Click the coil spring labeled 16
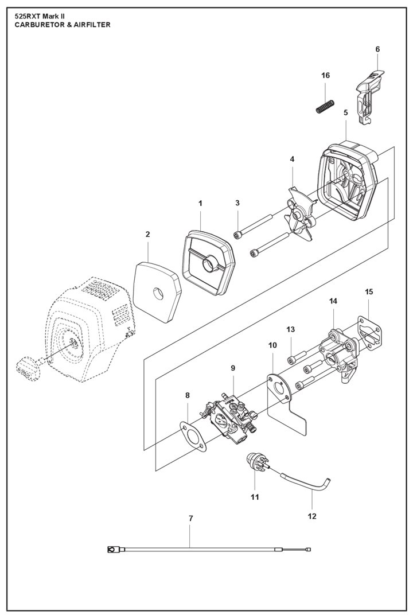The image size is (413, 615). [326, 106]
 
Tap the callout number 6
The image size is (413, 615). [377, 49]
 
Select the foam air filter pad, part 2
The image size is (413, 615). [157, 292]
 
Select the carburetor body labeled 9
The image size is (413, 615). [231, 418]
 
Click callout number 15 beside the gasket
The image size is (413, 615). [369, 292]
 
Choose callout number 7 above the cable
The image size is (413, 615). [191, 519]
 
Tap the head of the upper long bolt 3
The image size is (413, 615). [237, 234]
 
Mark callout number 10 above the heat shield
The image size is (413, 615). [272, 345]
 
